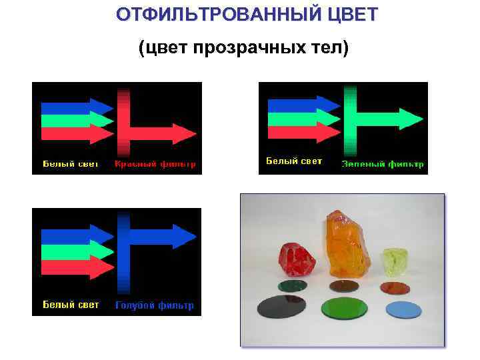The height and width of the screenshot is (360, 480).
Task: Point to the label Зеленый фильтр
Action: (x=383, y=164)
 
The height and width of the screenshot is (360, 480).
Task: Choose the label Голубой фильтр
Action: (x=155, y=305)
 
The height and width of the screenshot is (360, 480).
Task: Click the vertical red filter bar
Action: (x=123, y=123)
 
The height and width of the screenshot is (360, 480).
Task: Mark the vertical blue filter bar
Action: (x=123, y=252)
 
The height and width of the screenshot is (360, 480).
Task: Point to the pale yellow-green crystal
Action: (x=393, y=262)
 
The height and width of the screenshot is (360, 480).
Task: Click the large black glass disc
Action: (x=281, y=307)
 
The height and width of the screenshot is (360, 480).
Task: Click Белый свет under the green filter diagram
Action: (x=294, y=161)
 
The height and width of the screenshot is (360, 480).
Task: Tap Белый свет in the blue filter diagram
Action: (x=71, y=305)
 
